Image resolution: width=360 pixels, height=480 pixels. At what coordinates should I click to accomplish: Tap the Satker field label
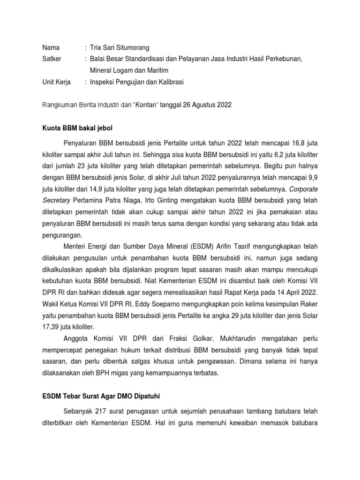(52, 59)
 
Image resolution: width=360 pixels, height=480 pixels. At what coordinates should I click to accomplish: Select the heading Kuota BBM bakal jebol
(77, 128)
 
